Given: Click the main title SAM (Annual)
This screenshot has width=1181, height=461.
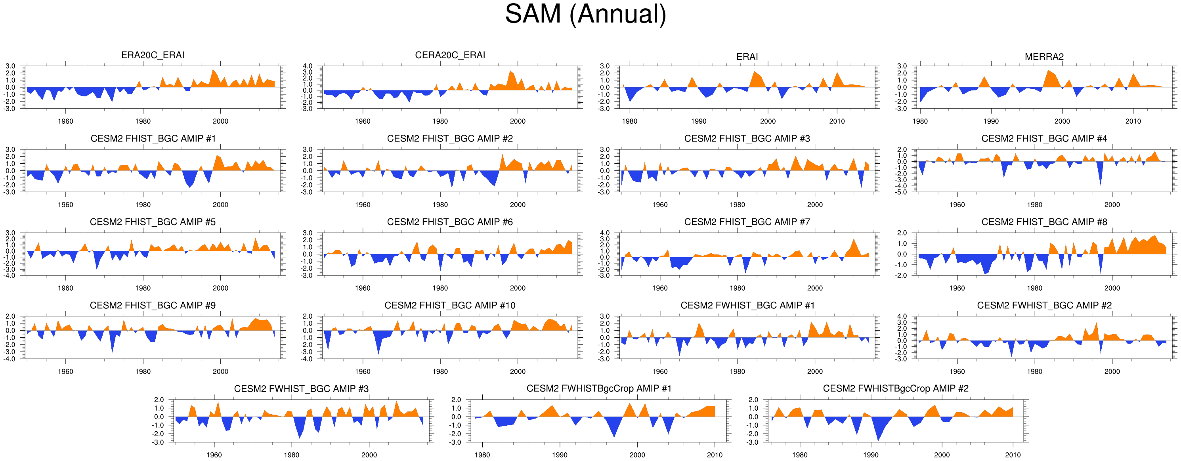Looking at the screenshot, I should pyautogui.click(x=585, y=15).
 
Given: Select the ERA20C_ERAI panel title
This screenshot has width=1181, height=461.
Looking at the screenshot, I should pyautogui.click(x=153, y=55).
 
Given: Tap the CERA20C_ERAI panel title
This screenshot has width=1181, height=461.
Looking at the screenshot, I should pyautogui.click(x=450, y=55).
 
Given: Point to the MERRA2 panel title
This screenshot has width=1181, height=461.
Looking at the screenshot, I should pyautogui.click(x=1044, y=57).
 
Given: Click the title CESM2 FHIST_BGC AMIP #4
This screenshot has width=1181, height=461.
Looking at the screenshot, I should pyautogui.click(x=1044, y=138).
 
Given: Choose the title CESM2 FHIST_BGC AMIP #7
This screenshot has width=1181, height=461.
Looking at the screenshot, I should pyautogui.click(x=747, y=222).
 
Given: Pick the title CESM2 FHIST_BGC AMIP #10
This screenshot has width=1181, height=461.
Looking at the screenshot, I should pyautogui.click(x=450, y=306).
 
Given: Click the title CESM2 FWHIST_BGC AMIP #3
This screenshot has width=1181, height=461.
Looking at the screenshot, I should pyautogui.click(x=301, y=389).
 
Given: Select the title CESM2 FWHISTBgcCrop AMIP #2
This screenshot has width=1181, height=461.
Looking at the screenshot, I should pyautogui.click(x=895, y=388).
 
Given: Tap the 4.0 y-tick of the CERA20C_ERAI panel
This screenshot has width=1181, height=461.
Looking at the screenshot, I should pyautogui.click(x=308, y=66).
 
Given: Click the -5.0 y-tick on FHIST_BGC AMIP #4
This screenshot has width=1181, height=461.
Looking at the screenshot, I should pyautogui.click(x=901, y=192).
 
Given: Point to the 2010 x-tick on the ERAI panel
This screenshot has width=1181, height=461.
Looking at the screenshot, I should pyautogui.click(x=837, y=122).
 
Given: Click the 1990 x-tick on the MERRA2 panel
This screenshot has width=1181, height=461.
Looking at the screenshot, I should pyautogui.click(x=991, y=122).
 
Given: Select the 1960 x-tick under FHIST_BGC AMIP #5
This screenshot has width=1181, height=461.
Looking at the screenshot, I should pyautogui.click(x=65, y=289).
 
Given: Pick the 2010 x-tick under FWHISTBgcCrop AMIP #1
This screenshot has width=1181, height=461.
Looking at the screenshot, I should pyautogui.click(x=714, y=455).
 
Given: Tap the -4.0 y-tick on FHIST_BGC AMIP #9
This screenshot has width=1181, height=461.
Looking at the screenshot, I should pyautogui.click(x=10, y=359).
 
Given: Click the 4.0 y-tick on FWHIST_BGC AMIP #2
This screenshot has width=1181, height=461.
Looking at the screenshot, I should pyautogui.click(x=902, y=316).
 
